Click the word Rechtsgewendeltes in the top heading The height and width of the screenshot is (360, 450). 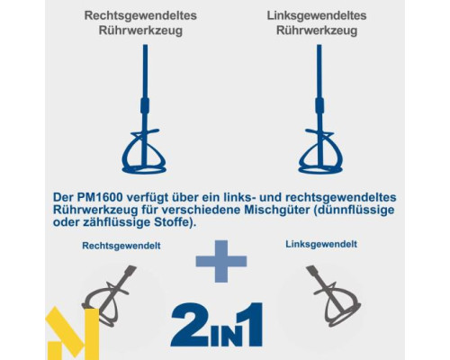point(140,15)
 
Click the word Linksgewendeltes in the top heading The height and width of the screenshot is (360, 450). point(317,15)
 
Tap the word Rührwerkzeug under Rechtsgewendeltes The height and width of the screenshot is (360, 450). point(140,31)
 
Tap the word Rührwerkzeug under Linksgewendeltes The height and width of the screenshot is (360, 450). point(317,31)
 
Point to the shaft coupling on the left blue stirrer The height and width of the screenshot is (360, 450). point(145,105)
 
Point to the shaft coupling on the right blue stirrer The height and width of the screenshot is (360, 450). point(319,105)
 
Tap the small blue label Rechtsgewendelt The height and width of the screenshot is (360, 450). point(121,246)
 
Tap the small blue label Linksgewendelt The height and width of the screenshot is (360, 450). point(321,244)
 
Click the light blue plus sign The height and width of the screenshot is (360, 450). point(221,261)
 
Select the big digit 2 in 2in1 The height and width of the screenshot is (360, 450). point(190,324)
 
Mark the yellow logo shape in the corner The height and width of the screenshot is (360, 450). point(72,333)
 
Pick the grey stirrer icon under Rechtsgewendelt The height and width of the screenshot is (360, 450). point(109,296)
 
